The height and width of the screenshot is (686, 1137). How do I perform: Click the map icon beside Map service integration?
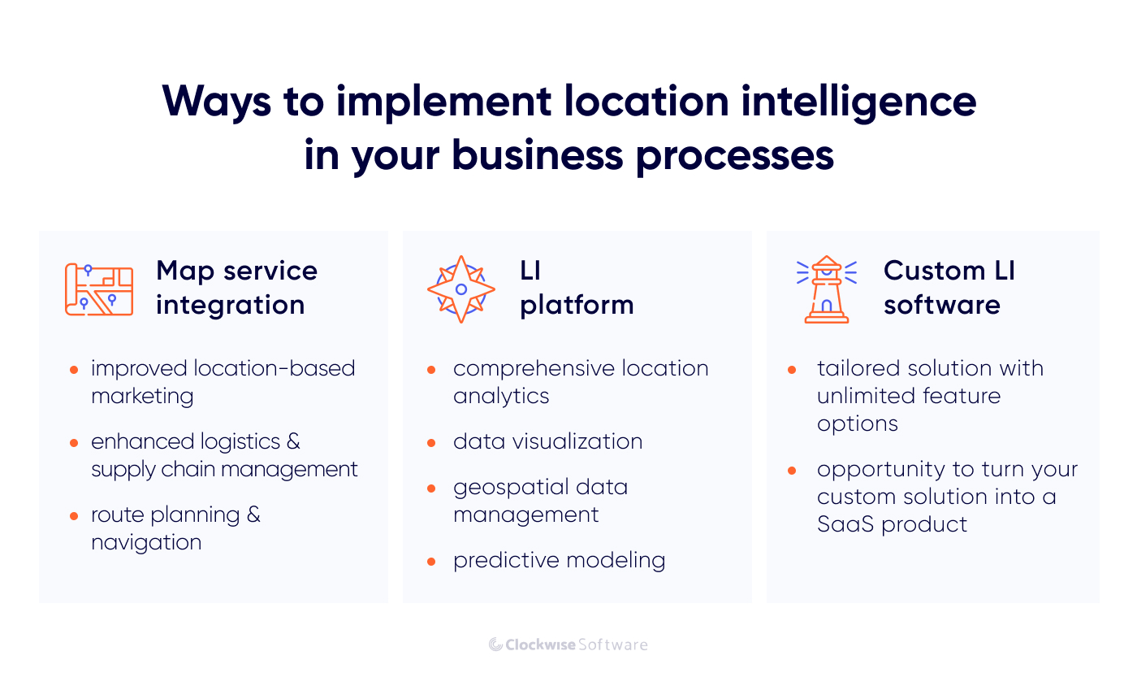tap(98, 289)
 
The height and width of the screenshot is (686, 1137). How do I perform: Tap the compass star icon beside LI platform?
tap(461, 289)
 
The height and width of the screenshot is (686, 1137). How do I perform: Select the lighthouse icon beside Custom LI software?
tap(827, 289)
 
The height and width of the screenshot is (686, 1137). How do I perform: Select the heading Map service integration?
tap(236, 288)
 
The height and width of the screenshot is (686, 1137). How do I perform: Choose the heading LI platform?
tap(576, 288)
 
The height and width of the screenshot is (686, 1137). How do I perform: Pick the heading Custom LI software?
tap(949, 288)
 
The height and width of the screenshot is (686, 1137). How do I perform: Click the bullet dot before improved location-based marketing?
tap(74, 370)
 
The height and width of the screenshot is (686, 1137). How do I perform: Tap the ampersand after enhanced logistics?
tap(293, 442)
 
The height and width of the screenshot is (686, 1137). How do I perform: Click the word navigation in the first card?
tap(146, 543)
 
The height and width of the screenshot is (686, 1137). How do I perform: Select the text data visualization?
tap(547, 442)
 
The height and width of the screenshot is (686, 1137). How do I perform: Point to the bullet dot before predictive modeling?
tap(433, 562)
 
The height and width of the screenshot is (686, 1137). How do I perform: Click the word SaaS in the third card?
tap(845, 524)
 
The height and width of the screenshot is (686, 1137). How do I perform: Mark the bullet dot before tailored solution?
tap(792, 370)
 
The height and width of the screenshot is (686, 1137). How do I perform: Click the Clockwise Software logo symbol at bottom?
tap(495, 645)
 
